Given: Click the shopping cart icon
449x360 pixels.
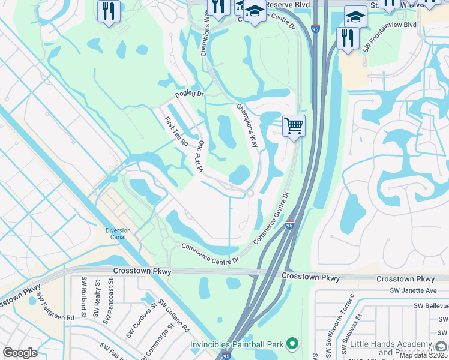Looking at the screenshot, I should click(294, 126).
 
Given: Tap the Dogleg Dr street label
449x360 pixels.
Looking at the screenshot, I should click(190, 94).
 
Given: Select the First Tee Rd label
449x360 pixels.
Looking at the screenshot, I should click(176, 132).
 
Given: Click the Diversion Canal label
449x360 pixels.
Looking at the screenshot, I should click(118, 233).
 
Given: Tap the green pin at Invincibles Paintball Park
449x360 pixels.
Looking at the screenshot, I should click(292, 344).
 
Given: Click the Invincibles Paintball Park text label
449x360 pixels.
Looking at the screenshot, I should click(237, 344).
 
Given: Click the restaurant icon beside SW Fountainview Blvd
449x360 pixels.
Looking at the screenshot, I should click(348, 38).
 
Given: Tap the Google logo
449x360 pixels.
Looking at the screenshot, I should click(20, 353).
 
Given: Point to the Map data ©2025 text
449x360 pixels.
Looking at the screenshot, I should click(424, 355).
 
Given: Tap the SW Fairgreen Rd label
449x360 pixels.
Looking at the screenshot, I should click(55, 306).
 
